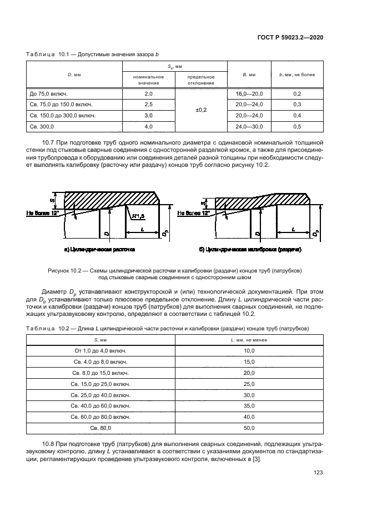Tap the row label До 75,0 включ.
tap(48, 95)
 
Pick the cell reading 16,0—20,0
tap(249, 95)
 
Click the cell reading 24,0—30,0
tap(249, 126)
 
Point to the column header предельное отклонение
tap(200, 80)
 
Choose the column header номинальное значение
tap(148, 80)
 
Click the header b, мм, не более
tap(296, 74)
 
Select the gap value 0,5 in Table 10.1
tap(296, 126)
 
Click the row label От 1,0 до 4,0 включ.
tap(100, 351)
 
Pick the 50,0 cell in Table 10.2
tap(249, 428)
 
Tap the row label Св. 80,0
tap(100, 428)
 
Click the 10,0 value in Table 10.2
tap(249, 351)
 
